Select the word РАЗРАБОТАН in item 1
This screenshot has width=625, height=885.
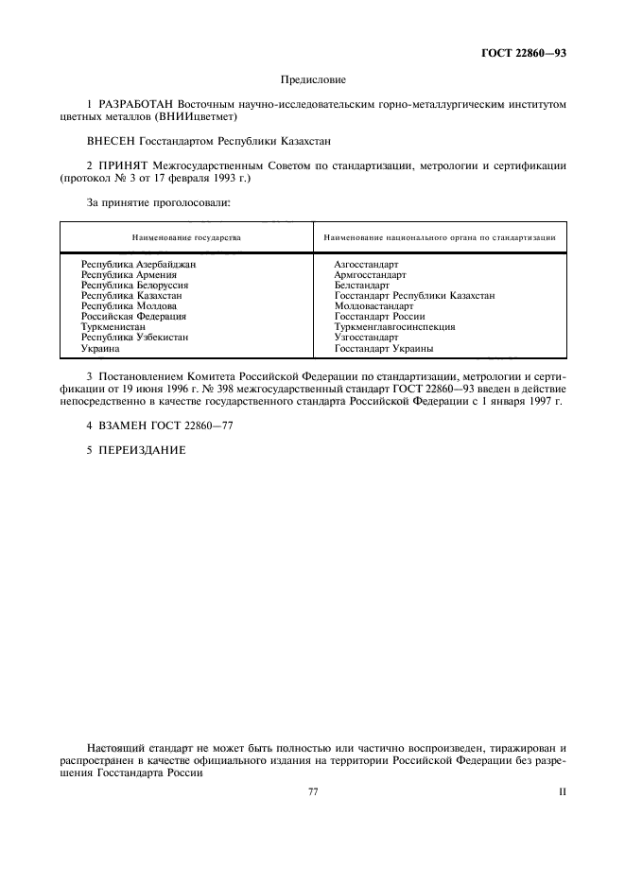(x=136, y=105)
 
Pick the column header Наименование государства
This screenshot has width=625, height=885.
(x=185, y=237)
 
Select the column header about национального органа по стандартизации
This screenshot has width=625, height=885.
(x=440, y=237)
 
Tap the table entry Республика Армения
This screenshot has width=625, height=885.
(x=129, y=274)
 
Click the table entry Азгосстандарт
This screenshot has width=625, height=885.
(x=366, y=264)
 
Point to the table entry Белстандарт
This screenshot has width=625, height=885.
(x=361, y=285)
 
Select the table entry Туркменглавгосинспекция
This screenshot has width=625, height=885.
(x=394, y=327)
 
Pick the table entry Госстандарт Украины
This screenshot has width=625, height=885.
(x=384, y=348)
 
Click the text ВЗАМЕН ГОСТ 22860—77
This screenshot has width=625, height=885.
(x=159, y=425)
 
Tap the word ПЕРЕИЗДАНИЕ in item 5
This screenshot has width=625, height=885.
(x=136, y=450)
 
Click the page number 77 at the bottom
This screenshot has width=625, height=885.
(x=313, y=792)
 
